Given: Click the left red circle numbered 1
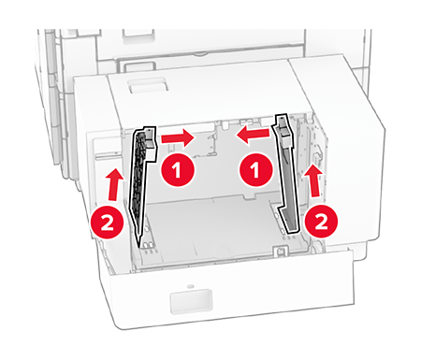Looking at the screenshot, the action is (x=178, y=170).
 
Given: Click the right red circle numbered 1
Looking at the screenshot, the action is (x=255, y=170).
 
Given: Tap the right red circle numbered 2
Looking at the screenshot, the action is (x=321, y=221).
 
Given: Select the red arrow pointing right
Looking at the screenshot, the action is (x=178, y=138).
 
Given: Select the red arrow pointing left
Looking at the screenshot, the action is (x=253, y=135).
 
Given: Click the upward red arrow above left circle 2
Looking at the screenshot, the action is (x=114, y=184).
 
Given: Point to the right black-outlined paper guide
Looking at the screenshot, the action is (x=286, y=175).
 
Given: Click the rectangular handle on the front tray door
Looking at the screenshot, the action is (x=191, y=301).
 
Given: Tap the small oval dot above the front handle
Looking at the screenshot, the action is (x=190, y=286).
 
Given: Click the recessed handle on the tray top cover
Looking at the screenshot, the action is (x=149, y=85).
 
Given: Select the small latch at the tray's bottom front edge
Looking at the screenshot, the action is (x=280, y=250).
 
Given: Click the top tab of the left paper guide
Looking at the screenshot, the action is (x=149, y=137).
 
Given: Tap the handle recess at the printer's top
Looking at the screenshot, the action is (x=138, y=35).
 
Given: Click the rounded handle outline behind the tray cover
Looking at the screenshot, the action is (x=137, y=66).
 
